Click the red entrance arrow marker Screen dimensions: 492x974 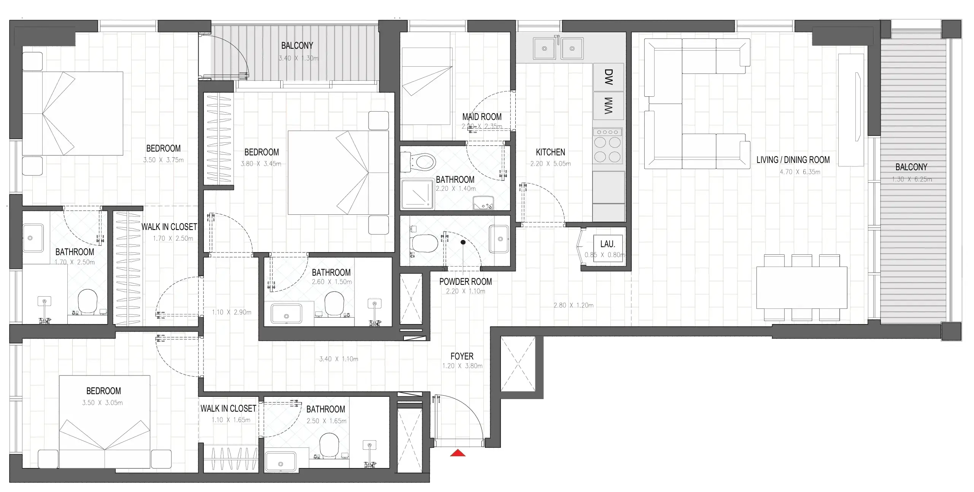(458, 453)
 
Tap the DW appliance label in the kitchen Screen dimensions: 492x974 (609, 77)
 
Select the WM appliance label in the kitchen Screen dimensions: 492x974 (609, 105)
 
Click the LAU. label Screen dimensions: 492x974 (607, 244)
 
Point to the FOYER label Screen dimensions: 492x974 (462, 356)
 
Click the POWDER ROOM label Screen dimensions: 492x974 (466, 282)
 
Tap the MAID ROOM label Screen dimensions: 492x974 (482, 117)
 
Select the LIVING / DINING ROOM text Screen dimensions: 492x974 (793, 160)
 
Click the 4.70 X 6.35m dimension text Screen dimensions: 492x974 (800, 172)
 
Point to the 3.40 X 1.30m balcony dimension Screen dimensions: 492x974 (298, 58)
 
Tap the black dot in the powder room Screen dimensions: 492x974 (463, 242)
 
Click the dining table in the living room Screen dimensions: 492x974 (801, 288)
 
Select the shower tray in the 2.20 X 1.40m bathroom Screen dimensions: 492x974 (418, 194)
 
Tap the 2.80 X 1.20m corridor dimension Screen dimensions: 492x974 (573, 305)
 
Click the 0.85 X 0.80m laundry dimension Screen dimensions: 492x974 (605, 255)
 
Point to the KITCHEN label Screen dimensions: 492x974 (550, 152)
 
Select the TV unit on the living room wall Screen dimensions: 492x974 (851, 110)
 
